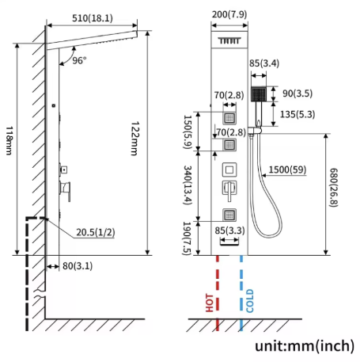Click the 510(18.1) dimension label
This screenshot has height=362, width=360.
pos(93,18)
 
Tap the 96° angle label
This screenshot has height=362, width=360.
pos(79,60)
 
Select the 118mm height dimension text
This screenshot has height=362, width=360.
pos(9,140)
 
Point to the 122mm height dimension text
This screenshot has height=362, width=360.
pos(135,139)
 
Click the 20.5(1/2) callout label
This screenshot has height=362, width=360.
pos(96,232)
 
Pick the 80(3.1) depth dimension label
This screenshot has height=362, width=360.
pos(78,266)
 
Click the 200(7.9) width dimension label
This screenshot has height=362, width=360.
pos(229,14)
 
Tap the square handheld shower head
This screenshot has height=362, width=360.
pos(259,94)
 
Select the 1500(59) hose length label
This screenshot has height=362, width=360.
pos(287,170)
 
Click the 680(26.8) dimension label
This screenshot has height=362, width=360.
pos(334,188)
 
